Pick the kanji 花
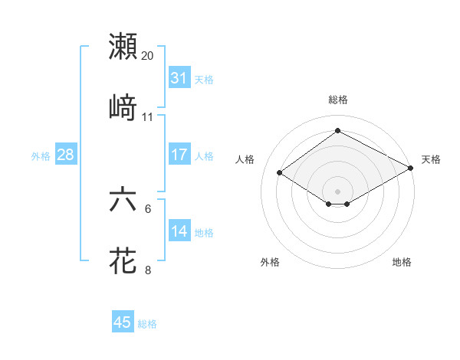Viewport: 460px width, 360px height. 123,260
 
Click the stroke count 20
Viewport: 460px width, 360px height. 148,56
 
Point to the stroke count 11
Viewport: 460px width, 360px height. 148,117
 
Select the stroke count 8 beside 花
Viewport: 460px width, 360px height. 148,270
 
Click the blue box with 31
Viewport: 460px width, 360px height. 179,78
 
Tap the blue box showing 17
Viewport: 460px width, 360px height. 179,155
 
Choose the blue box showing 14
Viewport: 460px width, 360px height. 179,231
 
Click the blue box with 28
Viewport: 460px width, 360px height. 66,155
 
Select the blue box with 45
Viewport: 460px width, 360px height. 123,322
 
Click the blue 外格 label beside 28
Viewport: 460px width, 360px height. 41,155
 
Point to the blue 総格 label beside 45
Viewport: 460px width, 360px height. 147,324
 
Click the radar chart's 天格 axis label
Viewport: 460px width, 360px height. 431,159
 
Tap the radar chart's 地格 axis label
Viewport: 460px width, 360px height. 402,262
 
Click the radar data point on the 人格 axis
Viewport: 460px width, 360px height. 280,173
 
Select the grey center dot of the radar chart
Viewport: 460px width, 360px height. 338,191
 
